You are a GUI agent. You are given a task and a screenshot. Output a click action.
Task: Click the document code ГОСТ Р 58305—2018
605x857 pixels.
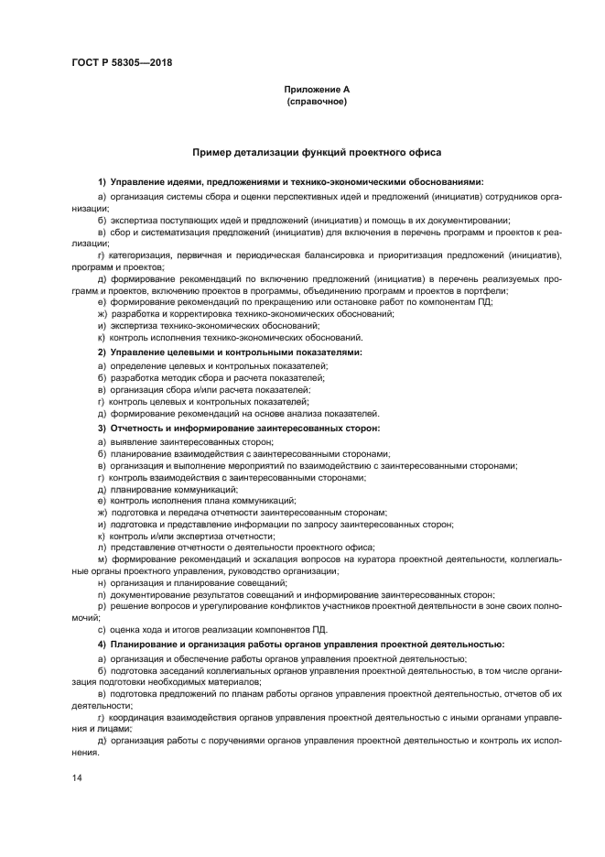click(x=122, y=63)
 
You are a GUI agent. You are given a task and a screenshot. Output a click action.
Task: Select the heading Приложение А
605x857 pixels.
click(x=317, y=91)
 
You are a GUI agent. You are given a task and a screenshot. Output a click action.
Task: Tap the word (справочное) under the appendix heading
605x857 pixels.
click(x=317, y=102)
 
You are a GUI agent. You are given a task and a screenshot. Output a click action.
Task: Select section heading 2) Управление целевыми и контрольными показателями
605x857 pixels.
click(x=230, y=352)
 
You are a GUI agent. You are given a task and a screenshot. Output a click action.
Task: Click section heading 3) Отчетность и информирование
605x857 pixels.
click(x=238, y=428)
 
